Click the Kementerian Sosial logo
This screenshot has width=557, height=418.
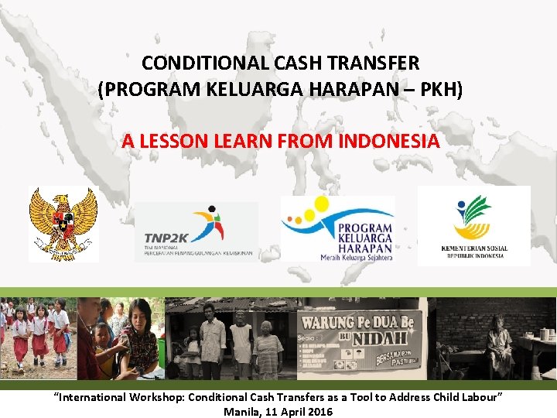point(474,225)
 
